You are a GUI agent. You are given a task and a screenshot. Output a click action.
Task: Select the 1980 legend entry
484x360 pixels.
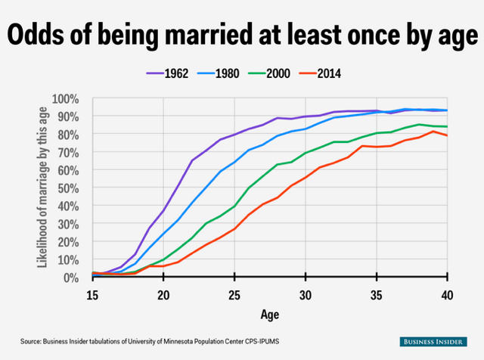[x=236, y=73]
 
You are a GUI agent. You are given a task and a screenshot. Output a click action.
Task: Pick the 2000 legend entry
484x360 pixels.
[x=295, y=73]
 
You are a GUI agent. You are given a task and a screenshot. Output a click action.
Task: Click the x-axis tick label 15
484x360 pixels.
[x=92, y=294]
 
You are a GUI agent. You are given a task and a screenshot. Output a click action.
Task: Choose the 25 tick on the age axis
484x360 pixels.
[x=234, y=294]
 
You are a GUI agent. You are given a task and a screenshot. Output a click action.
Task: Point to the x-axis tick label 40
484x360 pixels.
[x=448, y=294]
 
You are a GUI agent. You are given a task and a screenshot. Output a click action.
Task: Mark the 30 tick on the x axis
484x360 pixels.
[x=306, y=294]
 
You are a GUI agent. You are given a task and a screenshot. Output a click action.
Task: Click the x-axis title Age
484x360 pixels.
[x=270, y=315]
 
